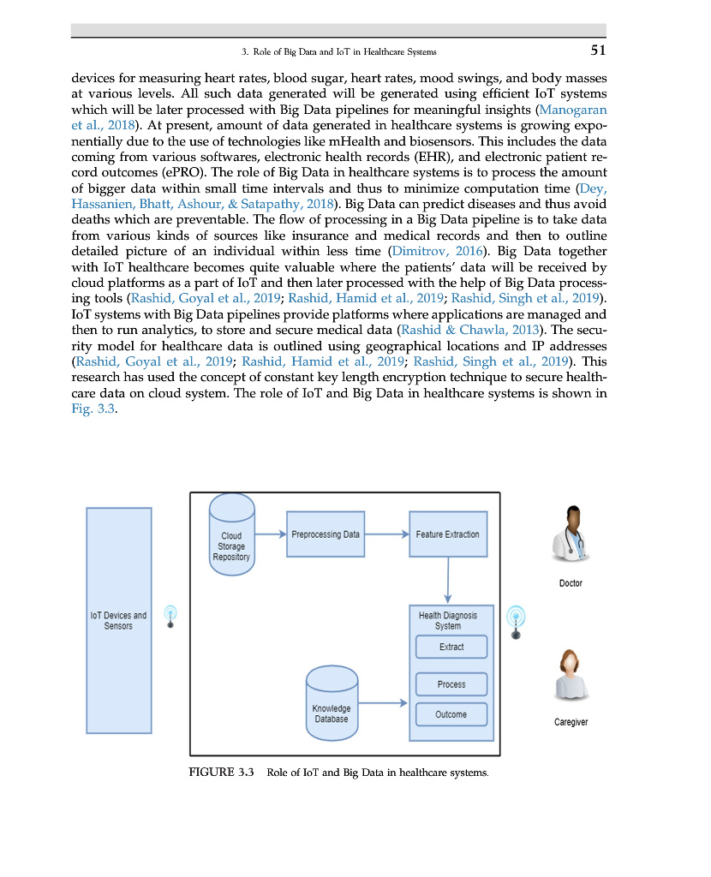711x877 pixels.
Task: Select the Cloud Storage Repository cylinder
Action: click(x=231, y=540)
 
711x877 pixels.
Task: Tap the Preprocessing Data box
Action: click(x=326, y=534)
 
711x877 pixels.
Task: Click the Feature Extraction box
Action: click(x=447, y=534)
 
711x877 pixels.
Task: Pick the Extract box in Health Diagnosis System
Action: click(x=451, y=647)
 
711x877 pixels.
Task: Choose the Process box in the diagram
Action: click(x=451, y=684)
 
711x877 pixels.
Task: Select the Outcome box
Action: click(x=451, y=714)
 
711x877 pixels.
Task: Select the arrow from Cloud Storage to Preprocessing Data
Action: click(x=270, y=534)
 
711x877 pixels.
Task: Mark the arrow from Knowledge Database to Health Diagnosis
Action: click(x=382, y=703)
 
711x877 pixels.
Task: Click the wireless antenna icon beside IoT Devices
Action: click(x=170, y=617)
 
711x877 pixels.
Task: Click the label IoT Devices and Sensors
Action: click(x=118, y=620)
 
